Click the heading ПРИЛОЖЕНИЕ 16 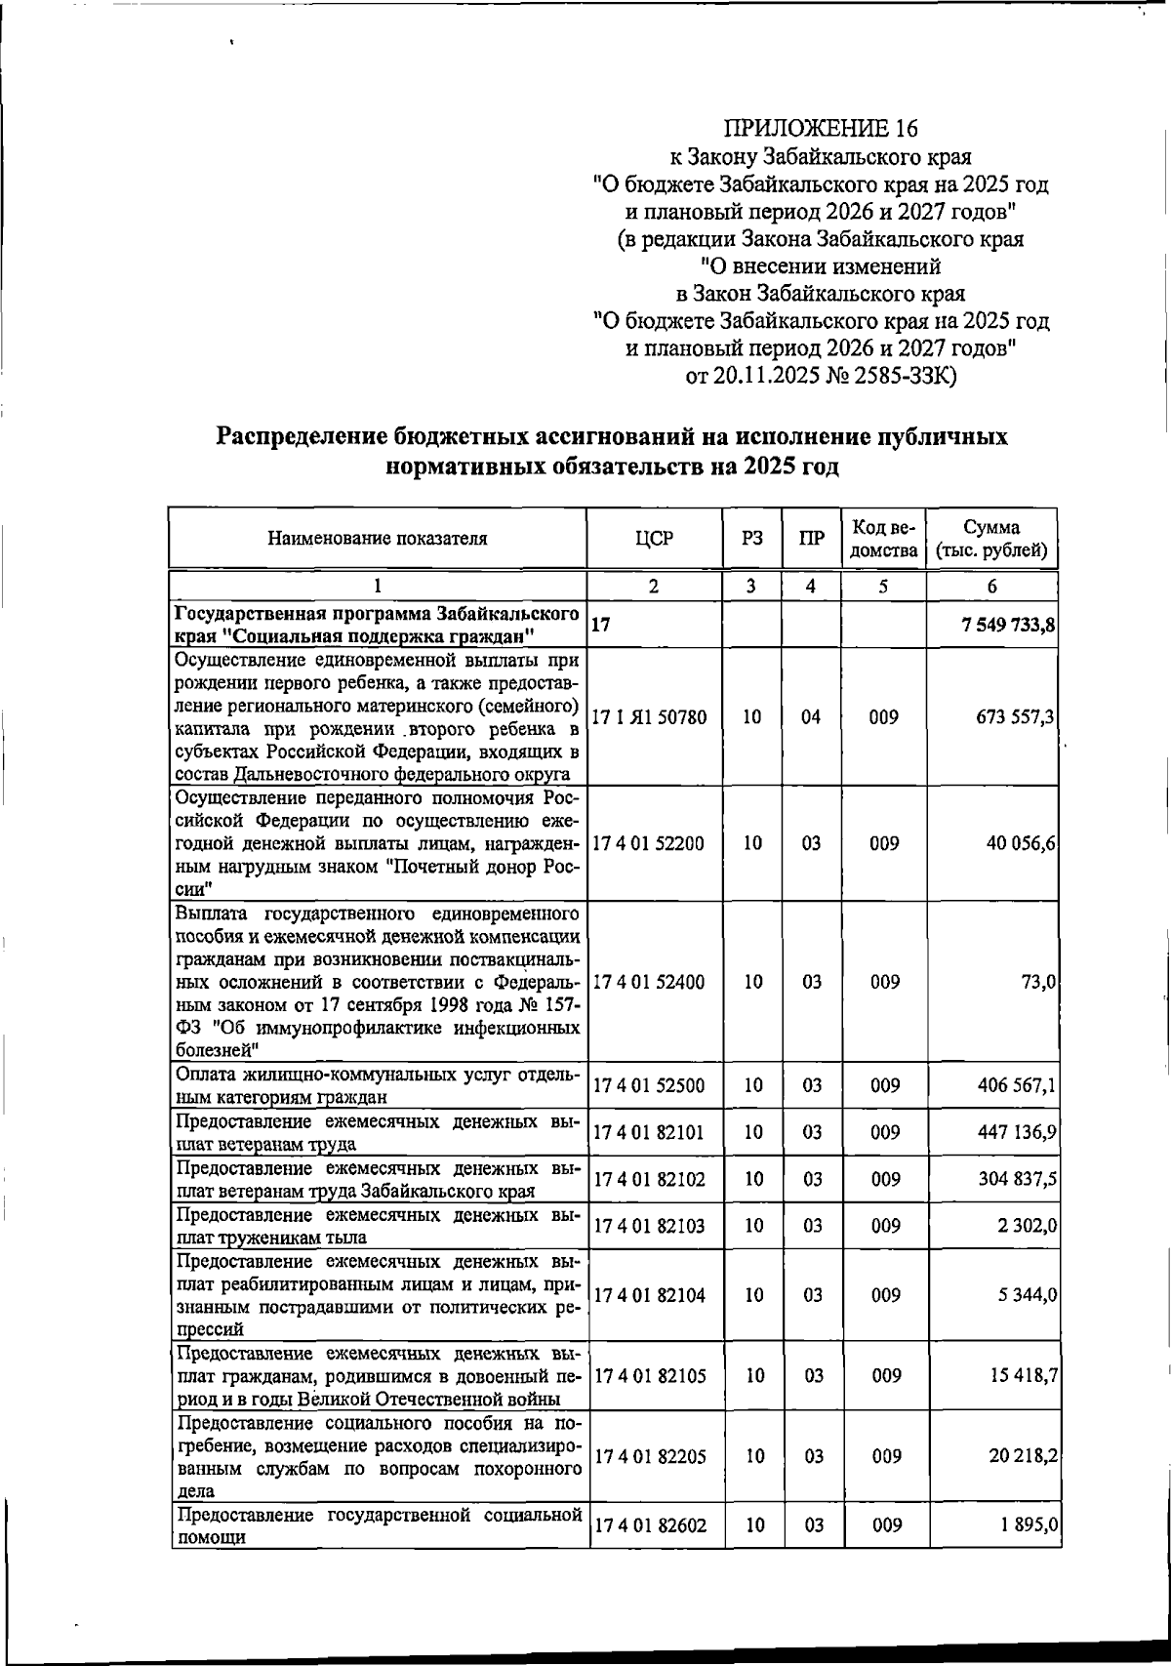point(821,129)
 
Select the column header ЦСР point(654,538)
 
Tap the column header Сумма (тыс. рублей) point(991,538)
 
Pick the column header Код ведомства point(884,538)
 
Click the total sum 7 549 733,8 point(1007,627)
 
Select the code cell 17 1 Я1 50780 point(649,717)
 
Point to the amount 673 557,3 point(1016,717)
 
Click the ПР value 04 point(812,717)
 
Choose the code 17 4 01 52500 point(648,1085)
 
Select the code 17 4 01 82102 point(648,1179)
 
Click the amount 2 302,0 point(1027,1226)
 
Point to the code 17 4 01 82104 point(648,1295)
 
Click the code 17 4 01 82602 point(648,1525)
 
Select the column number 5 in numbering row point(884,587)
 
